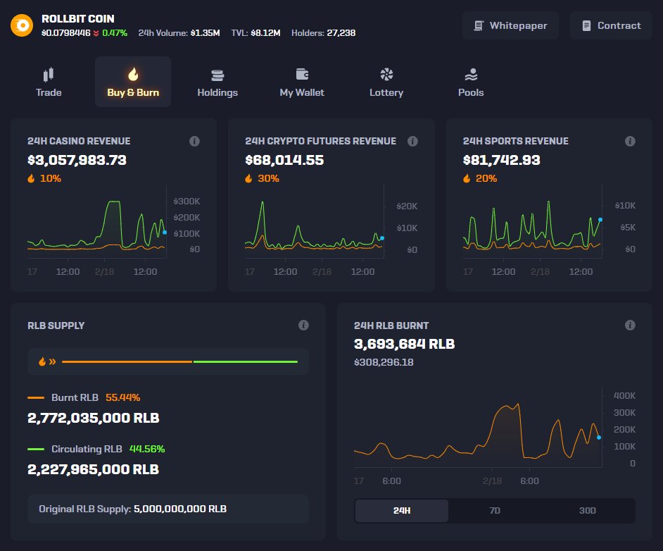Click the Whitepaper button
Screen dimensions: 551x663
(x=510, y=25)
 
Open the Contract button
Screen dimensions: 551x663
(x=611, y=25)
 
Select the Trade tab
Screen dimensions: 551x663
(x=49, y=82)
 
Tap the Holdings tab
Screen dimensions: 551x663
(x=217, y=82)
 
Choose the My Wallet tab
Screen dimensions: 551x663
(x=302, y=82)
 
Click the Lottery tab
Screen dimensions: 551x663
(x=386, y=82)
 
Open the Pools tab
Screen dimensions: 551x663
(x=471, y=82)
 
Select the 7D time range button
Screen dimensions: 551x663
(x=494, y=511)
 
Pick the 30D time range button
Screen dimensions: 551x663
(x=587, y=511)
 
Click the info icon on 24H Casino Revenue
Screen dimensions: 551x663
(x=195, y=141)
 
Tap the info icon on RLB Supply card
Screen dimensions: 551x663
(x=303, y=326)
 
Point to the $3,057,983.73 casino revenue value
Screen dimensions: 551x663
(x=77, y=160)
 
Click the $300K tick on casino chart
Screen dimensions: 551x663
(x=186, y=201)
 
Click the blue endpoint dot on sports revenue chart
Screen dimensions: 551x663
(x=600, y=220)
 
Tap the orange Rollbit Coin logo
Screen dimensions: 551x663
(x=22, y=25)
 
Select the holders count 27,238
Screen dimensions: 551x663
(x=341, y=32)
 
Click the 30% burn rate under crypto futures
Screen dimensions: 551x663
(x=268, y=178)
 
